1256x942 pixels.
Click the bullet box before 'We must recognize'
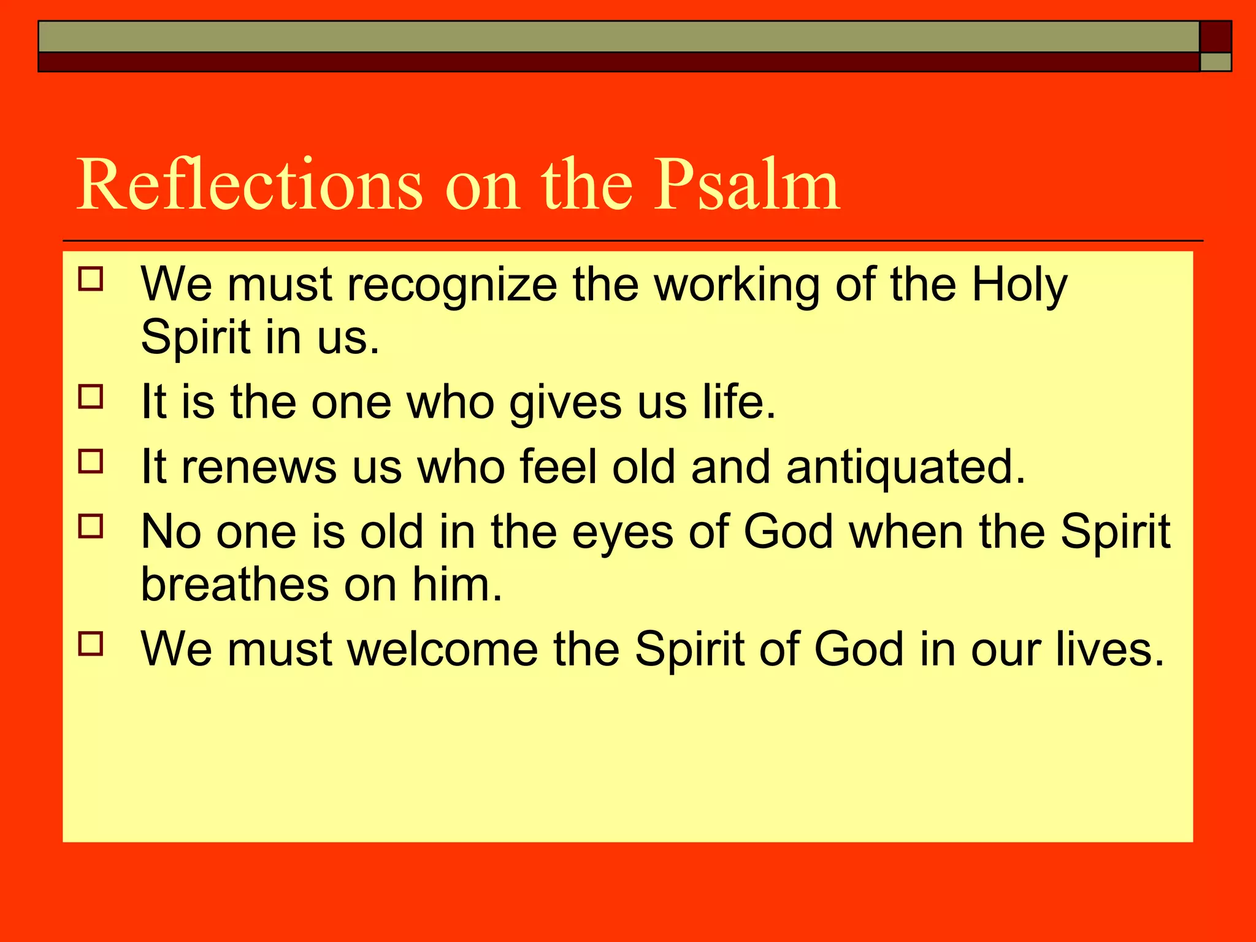[91, 278]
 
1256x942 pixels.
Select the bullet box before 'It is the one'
[91, 397]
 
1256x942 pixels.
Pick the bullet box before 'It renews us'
[91, 461]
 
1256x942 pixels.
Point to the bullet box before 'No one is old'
[91, 526]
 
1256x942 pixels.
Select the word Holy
[1019, 286]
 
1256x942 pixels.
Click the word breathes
[235, 584]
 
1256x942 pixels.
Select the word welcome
[443, 650]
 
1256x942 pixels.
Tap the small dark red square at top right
[1215, 37]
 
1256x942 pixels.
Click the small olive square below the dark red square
[1215, 62]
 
